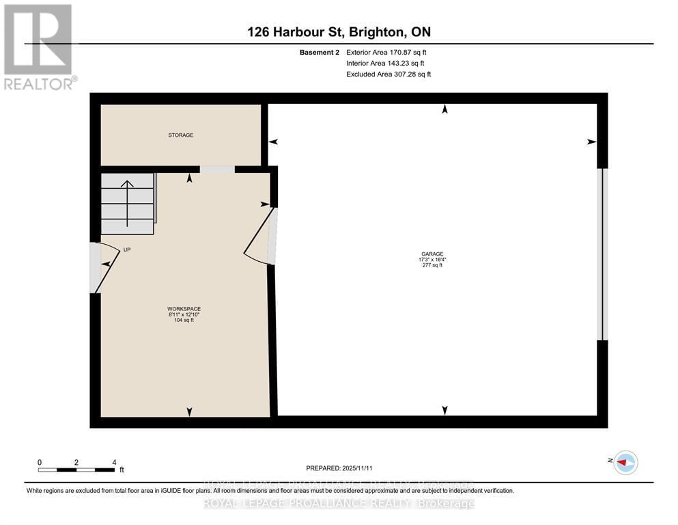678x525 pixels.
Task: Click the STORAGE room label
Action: [x=181, y=135]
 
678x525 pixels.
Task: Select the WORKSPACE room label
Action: [x=184, y=309]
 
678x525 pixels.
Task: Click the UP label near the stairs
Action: [x=127, y=250]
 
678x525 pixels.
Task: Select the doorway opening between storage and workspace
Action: [x=216, y=170]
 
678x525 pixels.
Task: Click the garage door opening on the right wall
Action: [x=601, y=254]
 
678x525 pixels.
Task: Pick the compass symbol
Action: [x=625, y=463]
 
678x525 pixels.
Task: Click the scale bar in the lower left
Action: [x=76, y=470]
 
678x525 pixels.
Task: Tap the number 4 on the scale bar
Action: [x=114, y=462]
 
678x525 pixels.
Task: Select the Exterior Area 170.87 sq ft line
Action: [x=387, y=52]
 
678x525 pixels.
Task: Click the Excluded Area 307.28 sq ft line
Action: [x=389, y=74]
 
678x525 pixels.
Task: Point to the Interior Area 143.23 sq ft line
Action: [x=386, y=63]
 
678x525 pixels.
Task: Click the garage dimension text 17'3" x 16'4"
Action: [x=432, y=260]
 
